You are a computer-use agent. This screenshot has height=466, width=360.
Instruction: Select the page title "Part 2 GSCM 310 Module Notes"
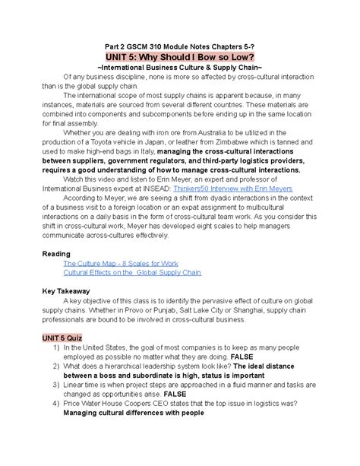coord(152,43)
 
